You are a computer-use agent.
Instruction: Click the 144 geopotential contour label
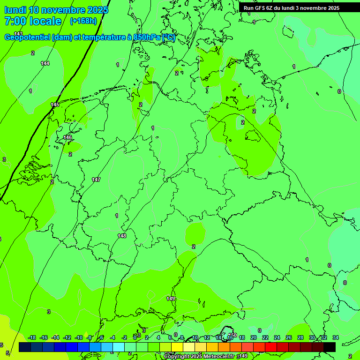(x=45, y=63)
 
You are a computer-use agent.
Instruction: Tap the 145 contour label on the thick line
(x=55, y=105)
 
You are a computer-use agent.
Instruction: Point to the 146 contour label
(x=68, y=137)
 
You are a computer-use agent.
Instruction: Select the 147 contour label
(x=96, y=180)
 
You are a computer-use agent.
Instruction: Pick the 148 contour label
(x=122, y=236)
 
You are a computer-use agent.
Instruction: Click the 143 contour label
(x=18, y=34)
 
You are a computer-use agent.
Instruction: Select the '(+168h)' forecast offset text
(x=83, y=21)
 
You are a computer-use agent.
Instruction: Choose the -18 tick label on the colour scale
(x=32, y=337)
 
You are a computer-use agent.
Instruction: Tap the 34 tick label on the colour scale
(x=336, y=337)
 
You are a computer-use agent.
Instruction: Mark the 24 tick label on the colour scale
(x=277, y=337)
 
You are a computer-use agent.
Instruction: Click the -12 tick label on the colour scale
(x=67, y=337)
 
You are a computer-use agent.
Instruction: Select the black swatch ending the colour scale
(x=330, y=347)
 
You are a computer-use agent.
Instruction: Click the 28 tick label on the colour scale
(x=300, y=337)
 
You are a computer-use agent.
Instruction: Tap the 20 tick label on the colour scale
(x=254, y=337)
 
